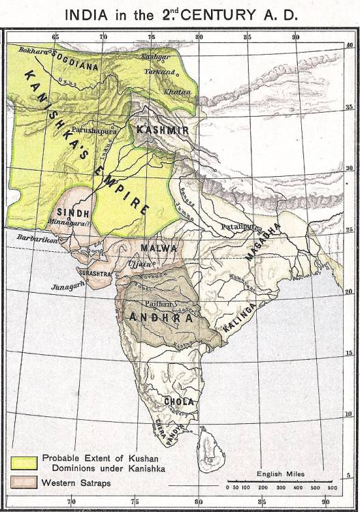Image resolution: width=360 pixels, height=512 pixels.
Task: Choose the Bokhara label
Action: pyautogui.click(x=31, y=51)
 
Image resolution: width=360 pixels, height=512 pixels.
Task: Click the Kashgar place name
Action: pyautogui.click(x=154, y=57)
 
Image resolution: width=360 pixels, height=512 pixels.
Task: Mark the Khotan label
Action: pyautogui.click(x=176, y=90)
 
